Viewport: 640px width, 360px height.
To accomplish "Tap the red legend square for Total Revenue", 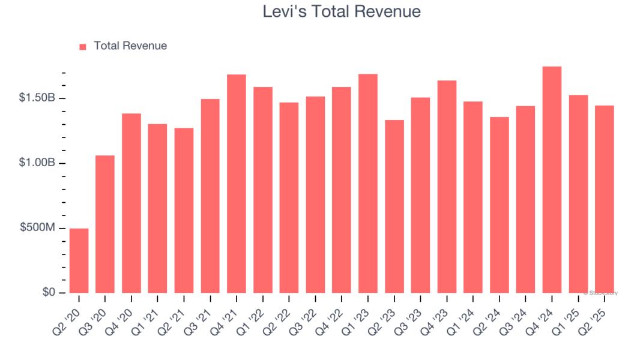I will pyautogui.click(x=83, y=46).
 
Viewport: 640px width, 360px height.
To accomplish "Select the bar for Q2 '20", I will pyautogui.click(x=79, y=260).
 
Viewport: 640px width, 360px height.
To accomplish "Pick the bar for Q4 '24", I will pyautogui.click(x=552, y=179).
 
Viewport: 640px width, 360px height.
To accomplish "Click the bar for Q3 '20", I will pyautogui.click(x=105, y=224).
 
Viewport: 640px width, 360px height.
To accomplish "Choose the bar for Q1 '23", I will pyautogui.click(x=367, y=183).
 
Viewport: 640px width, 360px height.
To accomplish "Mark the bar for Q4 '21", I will pyautogui.click(x=237, y=184).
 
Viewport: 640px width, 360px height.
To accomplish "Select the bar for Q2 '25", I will pyautogui.click(x=604, y=199).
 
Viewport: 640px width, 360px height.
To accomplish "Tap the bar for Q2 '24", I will pyautogui.click(x=499, y=205).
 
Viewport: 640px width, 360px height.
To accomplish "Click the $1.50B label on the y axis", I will pyautogui.click(x=37, y=98).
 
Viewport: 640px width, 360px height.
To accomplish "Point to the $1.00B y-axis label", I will pyautogui.click(x=37, y=163).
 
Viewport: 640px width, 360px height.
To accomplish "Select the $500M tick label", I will pyautogui.click(x=38, y=228).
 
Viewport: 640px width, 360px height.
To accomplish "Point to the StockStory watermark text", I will pyautogui.click(x=600, y=293).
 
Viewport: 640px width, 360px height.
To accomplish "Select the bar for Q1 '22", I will pyautogui.click(x=263, y=190).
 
